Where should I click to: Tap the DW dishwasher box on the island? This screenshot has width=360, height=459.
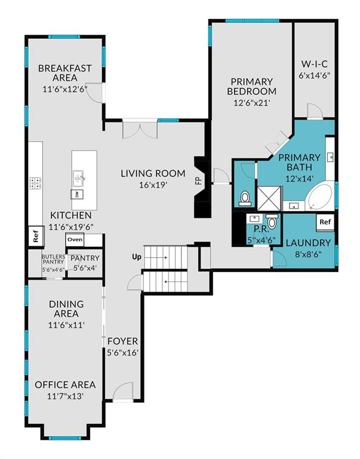(x=77, y=194)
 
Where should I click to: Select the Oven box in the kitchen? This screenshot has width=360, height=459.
(x=75, y=240)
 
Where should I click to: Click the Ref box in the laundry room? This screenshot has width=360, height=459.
(x=325, y=222)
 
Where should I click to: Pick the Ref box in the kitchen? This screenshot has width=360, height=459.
(x=36, y=236)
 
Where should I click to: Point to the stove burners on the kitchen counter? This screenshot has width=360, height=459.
(x=35, y=183)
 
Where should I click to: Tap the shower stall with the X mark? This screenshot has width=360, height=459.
(x=269, y=198)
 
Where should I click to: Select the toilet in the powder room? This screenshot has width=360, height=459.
(x=272, y=221)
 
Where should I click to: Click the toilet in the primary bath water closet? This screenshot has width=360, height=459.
(x=244, y=198)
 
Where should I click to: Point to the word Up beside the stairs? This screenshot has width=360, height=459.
(x=137, y=257)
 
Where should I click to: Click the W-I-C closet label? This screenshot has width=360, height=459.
(x=315, y=63)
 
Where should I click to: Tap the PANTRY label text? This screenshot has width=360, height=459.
(x=85, y=258)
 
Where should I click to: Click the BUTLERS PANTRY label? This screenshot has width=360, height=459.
(x=53, y=259)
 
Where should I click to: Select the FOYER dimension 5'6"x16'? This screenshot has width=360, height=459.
(x=122, y=353)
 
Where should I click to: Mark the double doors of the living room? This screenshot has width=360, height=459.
(x=140, y=129)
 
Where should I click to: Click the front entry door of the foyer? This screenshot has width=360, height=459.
(x=123, y=391)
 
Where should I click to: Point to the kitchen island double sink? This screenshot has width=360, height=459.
(x=78, y=179)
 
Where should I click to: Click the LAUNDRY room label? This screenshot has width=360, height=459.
(x=308, y=243)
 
